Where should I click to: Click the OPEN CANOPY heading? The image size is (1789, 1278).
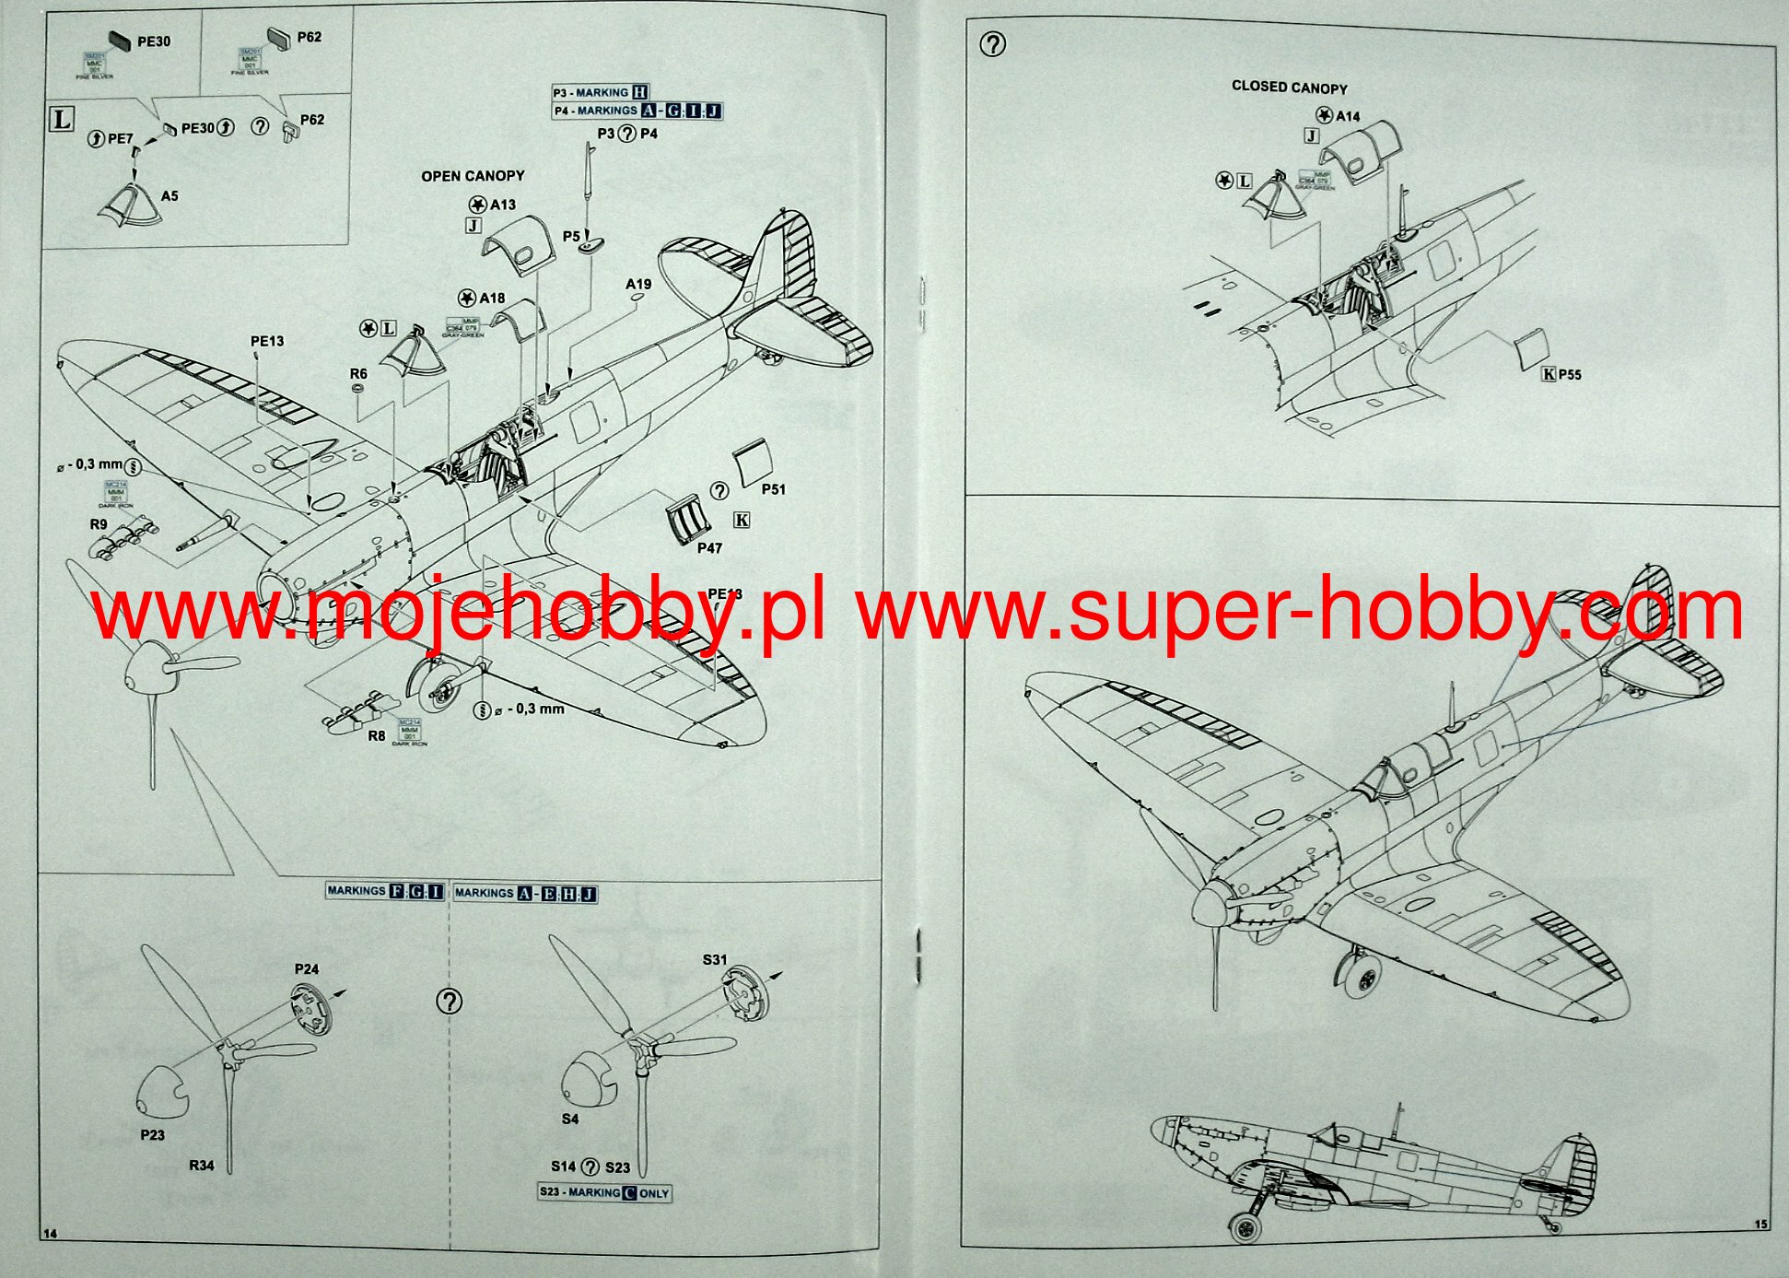click(x=473, y=176)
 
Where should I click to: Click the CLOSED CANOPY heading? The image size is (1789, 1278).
click(x=1289, y=88)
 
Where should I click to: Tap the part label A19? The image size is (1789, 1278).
click(x=638, y=285)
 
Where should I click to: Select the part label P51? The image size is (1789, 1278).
click(x=774, y=489)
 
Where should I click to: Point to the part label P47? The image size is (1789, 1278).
click(x=709, y=548)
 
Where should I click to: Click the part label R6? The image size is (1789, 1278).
click(x=358, y=374)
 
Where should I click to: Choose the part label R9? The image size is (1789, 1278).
click(x=99, y=524)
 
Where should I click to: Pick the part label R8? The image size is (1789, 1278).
click(x=377, y=735)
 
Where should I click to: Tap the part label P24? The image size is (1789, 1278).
click(x=307, y=969)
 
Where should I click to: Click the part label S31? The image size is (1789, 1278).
click(x=715, y=960)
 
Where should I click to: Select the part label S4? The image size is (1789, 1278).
click(x=570, y=1119)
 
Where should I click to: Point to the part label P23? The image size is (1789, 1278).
click(x=153, y=1135)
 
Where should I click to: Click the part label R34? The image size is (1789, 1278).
click(x=202, y=1166)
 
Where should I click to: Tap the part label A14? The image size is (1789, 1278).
click(x=1348, y=116)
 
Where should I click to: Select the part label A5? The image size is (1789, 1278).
click(x=170, y=196)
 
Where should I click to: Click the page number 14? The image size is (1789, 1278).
click(x=50, y=1234)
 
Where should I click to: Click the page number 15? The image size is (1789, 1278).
click(x=1760, y=1225)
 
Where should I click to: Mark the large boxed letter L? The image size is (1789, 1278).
click(x=61, y=119)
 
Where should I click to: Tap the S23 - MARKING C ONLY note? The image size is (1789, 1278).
click(x=604, y=1192)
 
